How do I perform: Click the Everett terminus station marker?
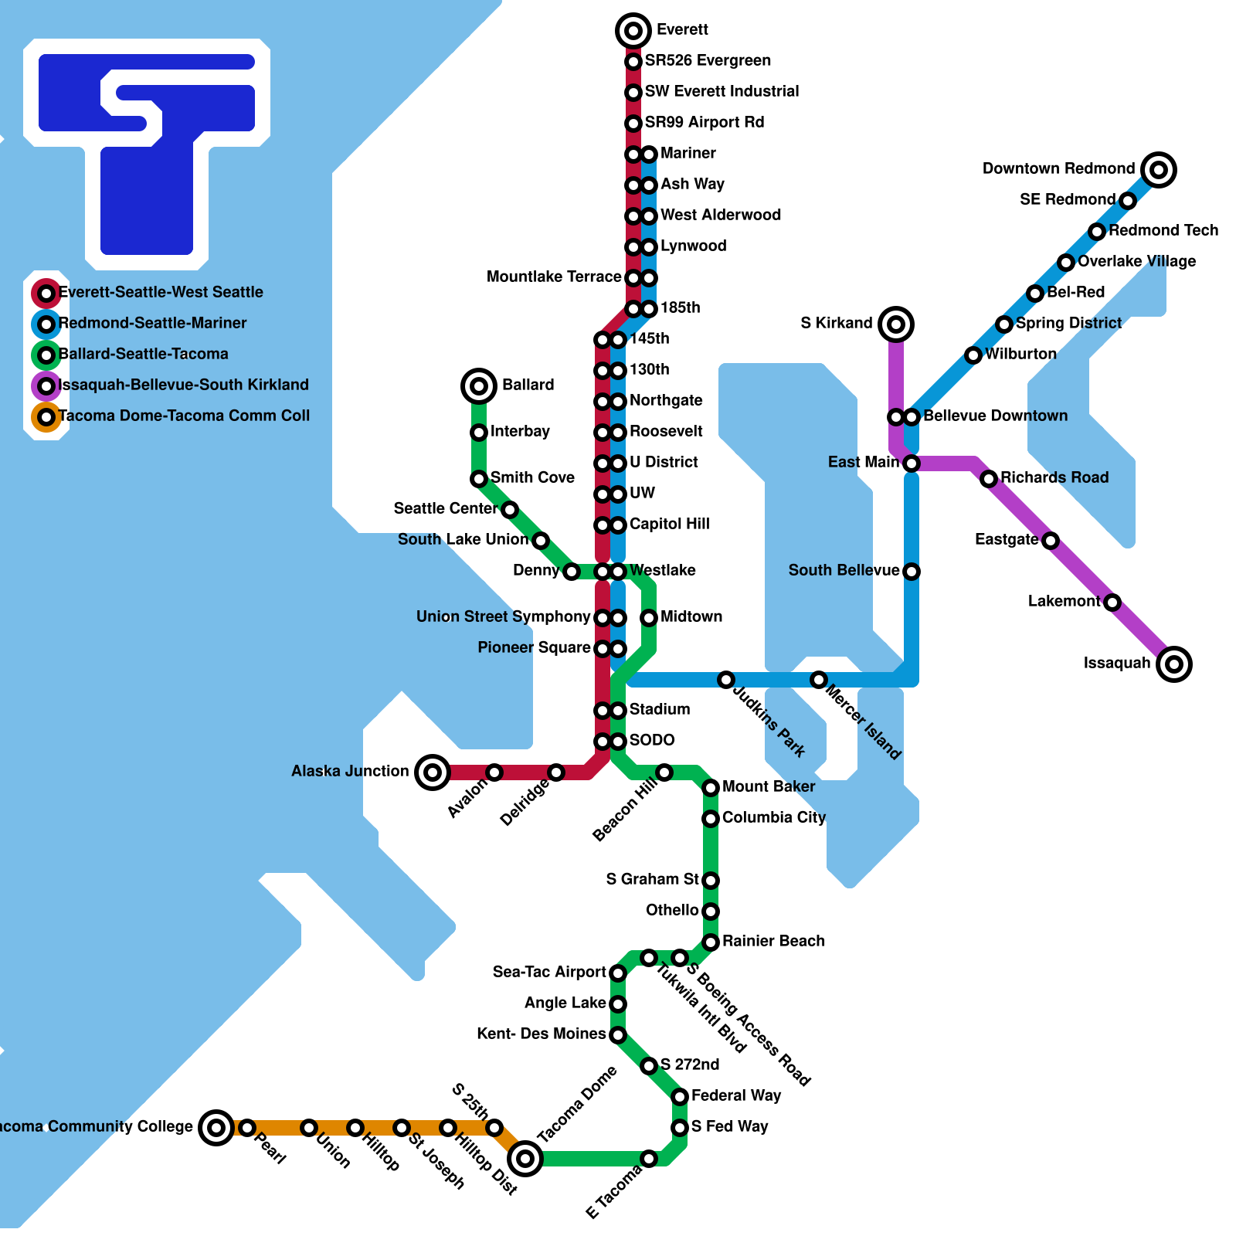click(x=633, y=31)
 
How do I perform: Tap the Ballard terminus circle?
click(x=479, y=385)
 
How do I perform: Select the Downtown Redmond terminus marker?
click(x=1159, y=170)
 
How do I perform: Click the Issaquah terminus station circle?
click(x=1174, y=664)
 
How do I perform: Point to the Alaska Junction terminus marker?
click(x=433, y=772)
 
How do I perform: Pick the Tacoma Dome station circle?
click(x=525, y=1158)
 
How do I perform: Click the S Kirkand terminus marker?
click(x=896, y=324)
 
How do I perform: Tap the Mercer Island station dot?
click(x=819, y=680)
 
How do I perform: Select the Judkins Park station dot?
click(x=726, y=680)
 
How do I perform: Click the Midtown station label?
click(x=691, y=616)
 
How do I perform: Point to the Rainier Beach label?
click(x=773, y=941)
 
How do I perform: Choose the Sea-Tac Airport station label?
click(x=549, y=972)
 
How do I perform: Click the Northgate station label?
click(x=666, y=400)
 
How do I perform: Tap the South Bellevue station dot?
click(x=912, y=572)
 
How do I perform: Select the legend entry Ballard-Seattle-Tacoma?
click(x=144, y=354)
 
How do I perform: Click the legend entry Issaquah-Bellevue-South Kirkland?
click(x=184, y=385)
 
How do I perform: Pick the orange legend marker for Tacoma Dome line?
click(x=46, y=417)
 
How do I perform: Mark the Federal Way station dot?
click(x=680, y=1096)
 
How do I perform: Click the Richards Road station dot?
click(x=989, y=479)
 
